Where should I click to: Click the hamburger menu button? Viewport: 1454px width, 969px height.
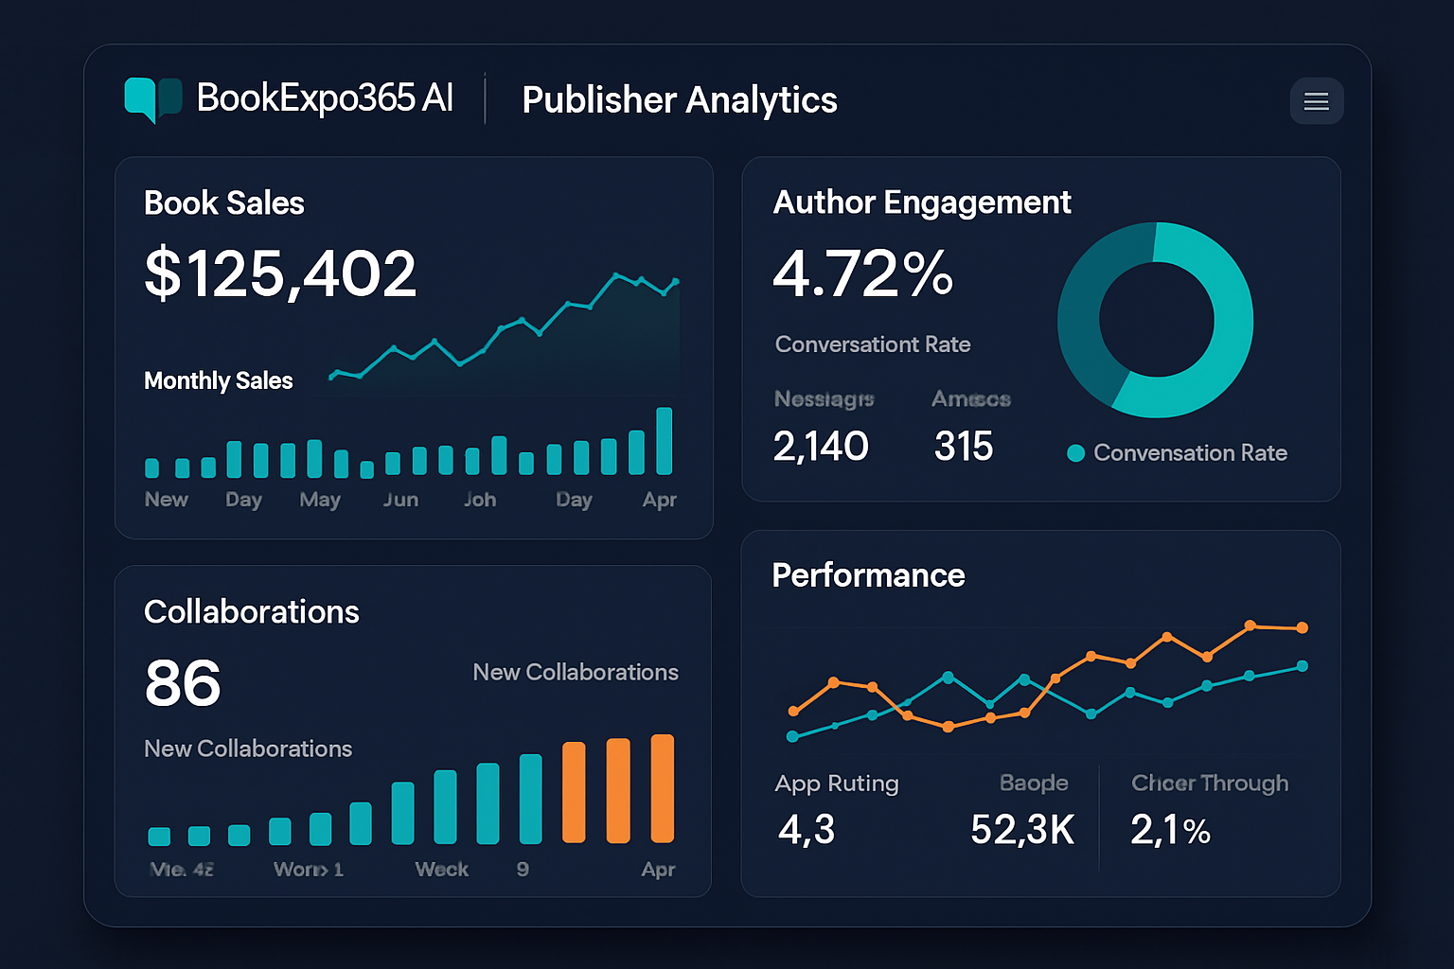pos(1316,101)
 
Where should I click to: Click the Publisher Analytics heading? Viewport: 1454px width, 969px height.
pos(679,100)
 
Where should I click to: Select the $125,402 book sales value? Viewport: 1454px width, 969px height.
pos(280,273)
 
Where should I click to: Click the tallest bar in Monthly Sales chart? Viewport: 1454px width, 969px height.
pos(665,441)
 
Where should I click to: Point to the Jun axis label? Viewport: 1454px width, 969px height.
pos(400,500)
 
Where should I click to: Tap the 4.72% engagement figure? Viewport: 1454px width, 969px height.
pos(862,273)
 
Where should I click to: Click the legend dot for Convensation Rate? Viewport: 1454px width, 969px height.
pos(1075,453)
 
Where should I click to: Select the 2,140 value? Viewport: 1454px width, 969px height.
pos(821,446)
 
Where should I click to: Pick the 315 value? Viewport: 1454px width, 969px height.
pos(964,446)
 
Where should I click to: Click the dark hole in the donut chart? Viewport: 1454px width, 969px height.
pos(1156,320)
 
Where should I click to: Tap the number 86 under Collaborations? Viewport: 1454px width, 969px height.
pos(183,683)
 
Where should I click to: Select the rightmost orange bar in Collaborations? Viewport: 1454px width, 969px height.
pos(663,788)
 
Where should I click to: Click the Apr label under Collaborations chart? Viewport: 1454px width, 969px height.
pos(658,869)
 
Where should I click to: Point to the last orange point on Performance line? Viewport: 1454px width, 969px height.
pos(1303,627)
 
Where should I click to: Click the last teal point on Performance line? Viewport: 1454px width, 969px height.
pos(1303,666)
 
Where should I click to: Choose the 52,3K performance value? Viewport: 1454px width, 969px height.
pos(1022,830)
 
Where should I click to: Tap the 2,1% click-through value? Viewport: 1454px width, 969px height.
pos(1170,830)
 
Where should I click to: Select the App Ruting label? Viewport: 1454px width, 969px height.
pos(837,784)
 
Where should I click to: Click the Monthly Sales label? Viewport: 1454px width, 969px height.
pos(218,380)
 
